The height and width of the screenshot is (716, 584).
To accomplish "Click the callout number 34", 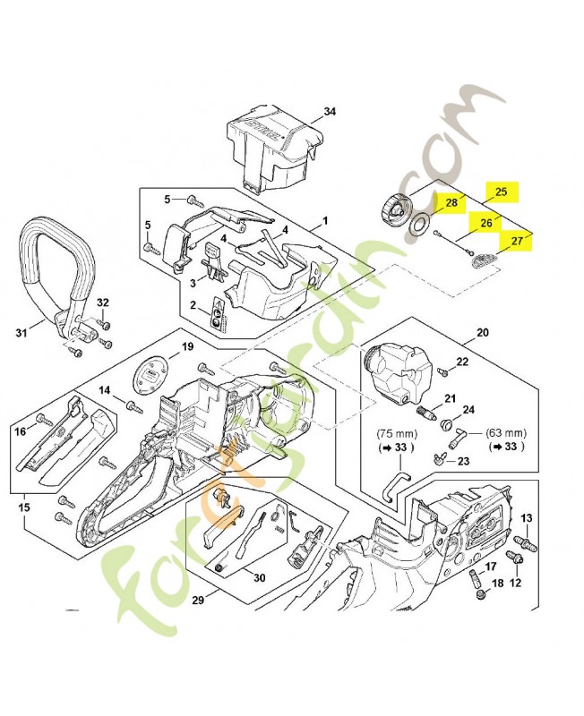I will (330, 112).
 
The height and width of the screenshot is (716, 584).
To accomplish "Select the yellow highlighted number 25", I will (502, 192).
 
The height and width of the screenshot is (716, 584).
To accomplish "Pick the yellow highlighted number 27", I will (517, 241).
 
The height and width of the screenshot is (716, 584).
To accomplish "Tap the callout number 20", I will (483, 333).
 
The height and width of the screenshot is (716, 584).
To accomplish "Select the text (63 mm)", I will (506, 430).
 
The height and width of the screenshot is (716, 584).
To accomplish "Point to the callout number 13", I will (528, 518).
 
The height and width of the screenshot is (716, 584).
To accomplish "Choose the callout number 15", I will (24, 508).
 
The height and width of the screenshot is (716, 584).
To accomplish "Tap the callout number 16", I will (20, 431).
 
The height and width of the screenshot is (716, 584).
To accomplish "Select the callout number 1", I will (325, 219).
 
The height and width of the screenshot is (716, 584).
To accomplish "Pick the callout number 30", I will (259, 577).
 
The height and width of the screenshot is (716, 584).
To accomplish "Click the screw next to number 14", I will (135, 406).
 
